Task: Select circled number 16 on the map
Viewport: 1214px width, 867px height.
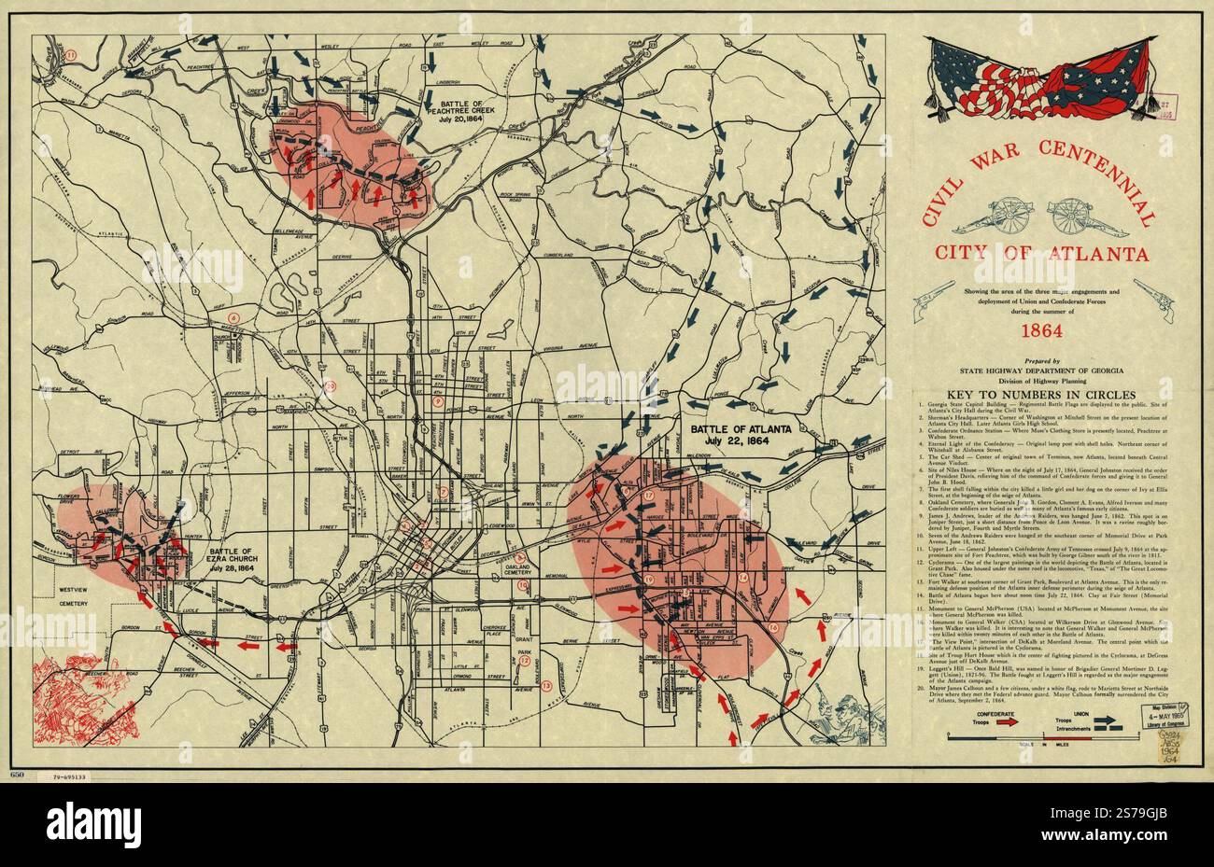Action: click(x=773, y=627)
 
